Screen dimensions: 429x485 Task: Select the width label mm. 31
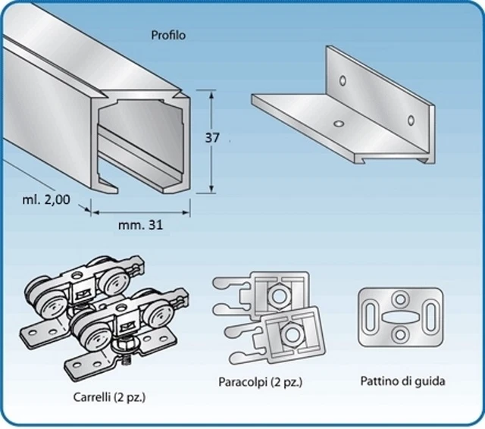[x=141, y=224]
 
